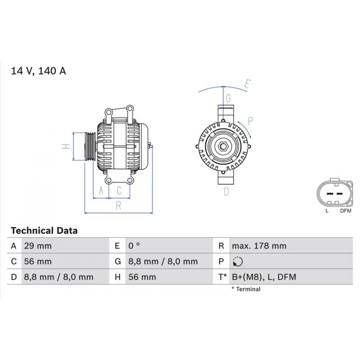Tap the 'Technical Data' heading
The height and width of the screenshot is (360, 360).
44,230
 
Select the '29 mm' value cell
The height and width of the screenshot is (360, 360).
38,246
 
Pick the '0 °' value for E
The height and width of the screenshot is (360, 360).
134,246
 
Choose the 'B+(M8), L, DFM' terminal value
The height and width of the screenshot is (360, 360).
264,277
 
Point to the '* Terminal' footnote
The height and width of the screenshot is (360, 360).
246,289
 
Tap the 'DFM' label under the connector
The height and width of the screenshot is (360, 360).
346,211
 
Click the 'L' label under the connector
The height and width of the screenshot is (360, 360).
327,211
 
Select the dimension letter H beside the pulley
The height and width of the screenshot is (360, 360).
65,146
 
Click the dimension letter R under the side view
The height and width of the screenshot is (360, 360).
118,206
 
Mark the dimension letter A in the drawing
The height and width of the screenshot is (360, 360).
101,190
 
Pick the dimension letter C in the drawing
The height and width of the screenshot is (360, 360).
119,190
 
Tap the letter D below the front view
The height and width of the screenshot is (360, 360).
226,192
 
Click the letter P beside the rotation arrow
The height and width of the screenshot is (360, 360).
251,121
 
